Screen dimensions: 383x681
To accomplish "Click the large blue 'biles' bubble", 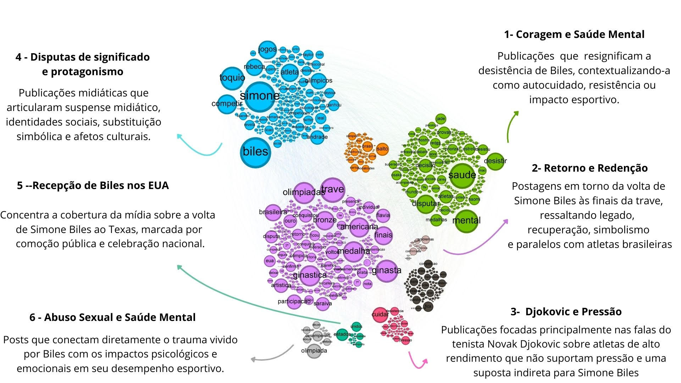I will tap(255, 152).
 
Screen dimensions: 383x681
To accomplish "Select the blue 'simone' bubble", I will tap(260, 96).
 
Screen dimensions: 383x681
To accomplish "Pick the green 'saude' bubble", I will tap(462, 175).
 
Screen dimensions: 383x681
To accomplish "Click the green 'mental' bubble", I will tap(466, 221).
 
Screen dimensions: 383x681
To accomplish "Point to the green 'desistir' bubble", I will tap(495, 161).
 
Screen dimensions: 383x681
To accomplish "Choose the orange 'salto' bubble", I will tap(382, 149).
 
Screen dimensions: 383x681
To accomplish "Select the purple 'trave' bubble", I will tap(332, 189).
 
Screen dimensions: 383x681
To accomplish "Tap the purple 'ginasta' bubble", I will tap(386, 271).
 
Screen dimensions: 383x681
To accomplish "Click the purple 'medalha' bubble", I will tap(354, 251).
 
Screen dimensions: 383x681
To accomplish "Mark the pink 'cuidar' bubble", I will tap(380, 315).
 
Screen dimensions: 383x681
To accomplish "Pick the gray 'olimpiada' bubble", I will tap(314, 351).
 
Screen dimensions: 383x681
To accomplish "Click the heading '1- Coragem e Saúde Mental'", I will tap(574, 34).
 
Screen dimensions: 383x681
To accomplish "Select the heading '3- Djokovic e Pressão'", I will tap(566, 312).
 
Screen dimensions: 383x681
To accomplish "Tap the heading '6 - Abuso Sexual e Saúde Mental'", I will tap(112, 317).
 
